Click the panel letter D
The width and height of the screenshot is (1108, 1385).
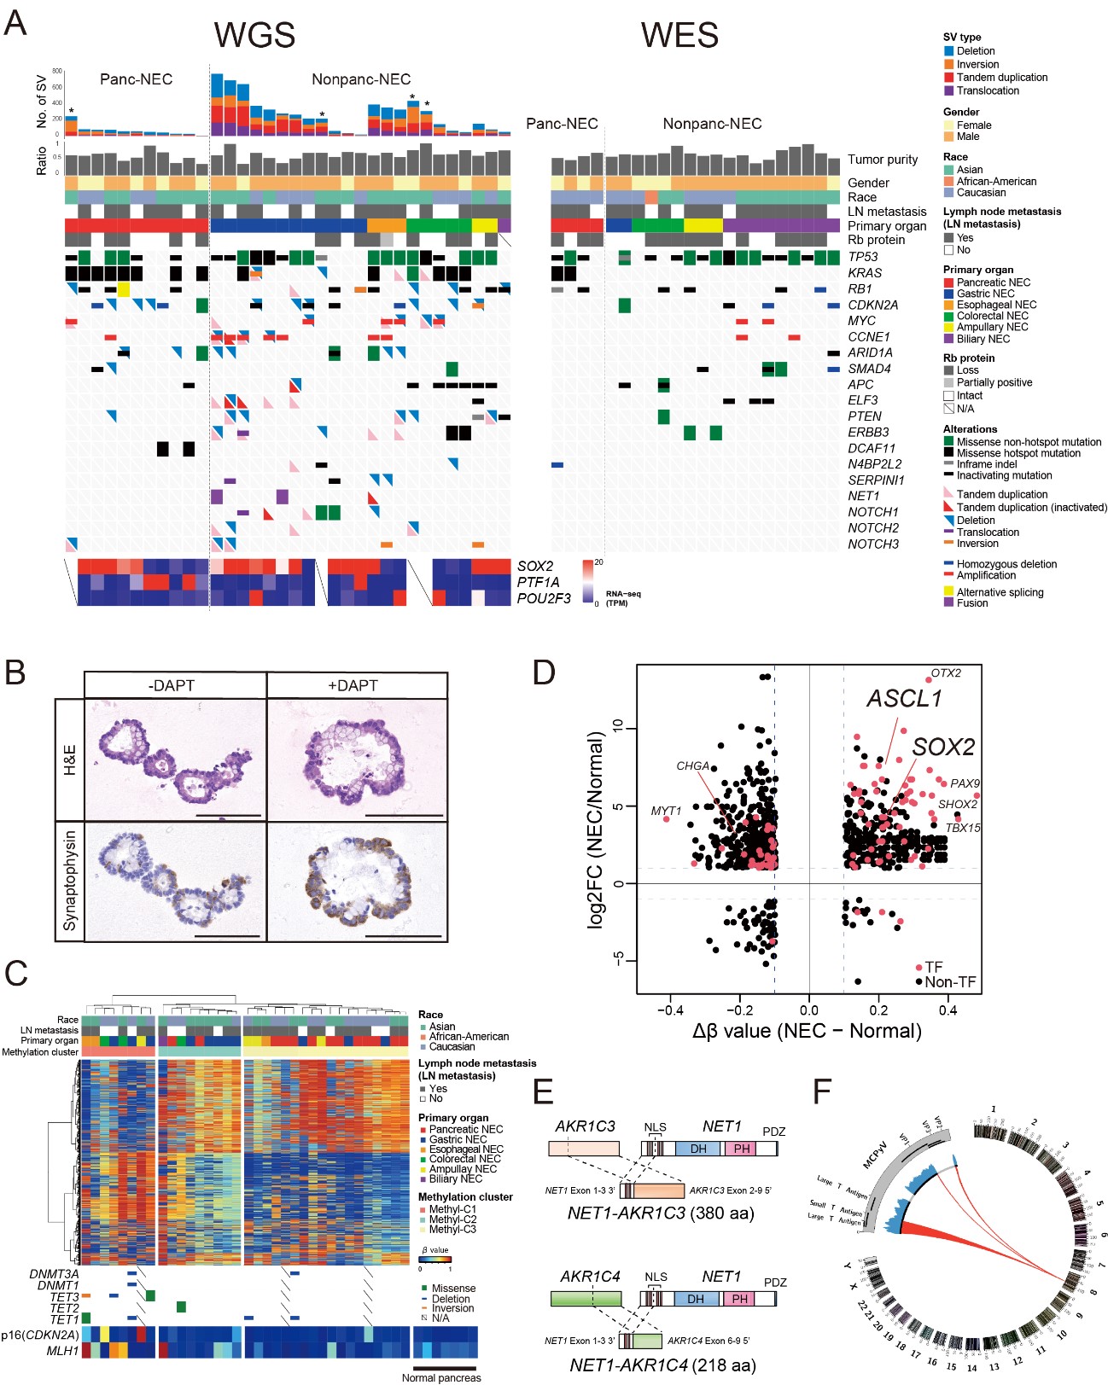click(x=544, y=672)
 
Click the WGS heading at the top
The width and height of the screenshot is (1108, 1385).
click(x=254, y=35)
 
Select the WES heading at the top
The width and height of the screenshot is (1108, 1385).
click(x=679, y=35)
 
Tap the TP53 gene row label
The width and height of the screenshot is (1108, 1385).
click(x=863, y=257)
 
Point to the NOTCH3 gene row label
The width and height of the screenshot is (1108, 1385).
click(x=873, y=544)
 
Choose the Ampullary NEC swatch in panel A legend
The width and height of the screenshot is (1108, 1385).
click(x=948, y=328)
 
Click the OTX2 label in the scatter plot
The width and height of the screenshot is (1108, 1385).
click(x=945, y=673)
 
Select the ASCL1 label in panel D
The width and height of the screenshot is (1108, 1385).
click(x=905, y=699)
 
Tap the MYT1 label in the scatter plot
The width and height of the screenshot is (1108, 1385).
click(x=666, y=811)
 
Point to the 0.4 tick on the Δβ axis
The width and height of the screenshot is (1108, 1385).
click(x=948, y=1010)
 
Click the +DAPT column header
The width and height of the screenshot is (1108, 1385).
click(x=353, y=685)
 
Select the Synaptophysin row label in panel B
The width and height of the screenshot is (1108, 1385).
click(x=70, y=880)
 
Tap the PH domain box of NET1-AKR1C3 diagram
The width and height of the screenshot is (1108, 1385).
click(x=742, y=1149)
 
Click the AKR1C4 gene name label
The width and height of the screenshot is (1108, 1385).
click(x=590, y=1277)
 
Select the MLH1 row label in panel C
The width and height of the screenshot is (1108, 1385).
click(x=62, y=1351)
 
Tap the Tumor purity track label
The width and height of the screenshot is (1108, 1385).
click(x=883, y=160)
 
